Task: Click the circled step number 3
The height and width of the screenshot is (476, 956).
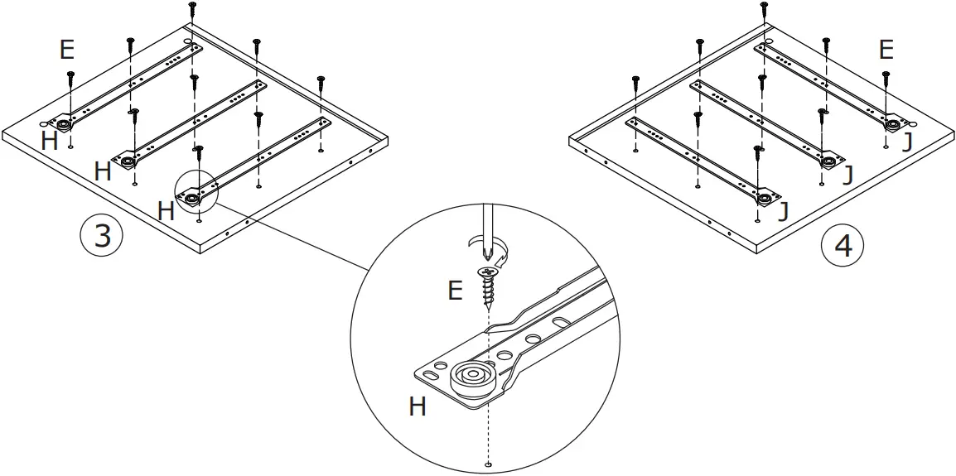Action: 101,236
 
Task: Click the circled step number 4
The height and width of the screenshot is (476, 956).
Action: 842,246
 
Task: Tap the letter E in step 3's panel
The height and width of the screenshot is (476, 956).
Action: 67,50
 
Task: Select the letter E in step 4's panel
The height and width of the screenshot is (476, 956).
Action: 886,50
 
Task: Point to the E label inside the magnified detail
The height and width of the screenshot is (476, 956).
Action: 455,291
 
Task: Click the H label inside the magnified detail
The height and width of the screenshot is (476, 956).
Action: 418,406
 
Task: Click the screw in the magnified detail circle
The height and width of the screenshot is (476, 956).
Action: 489,286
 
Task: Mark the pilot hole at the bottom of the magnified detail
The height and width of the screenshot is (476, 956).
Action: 489,464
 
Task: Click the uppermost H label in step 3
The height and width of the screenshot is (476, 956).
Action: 50,141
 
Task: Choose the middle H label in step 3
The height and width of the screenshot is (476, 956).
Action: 103,172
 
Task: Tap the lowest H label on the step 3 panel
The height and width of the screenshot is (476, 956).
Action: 166,210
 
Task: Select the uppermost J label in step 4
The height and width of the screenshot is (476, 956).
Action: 907,142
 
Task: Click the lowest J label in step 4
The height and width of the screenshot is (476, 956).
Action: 782,214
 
